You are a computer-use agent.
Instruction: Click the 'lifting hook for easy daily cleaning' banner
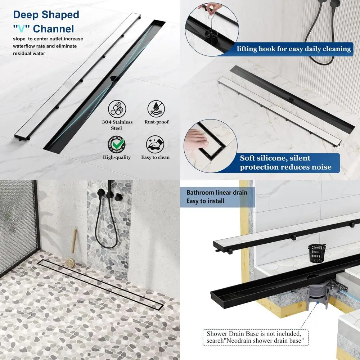293,49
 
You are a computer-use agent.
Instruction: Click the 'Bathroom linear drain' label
217,193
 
